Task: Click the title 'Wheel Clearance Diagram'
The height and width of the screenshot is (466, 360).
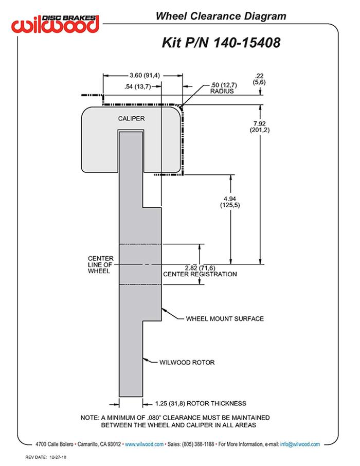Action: tap(221, 16)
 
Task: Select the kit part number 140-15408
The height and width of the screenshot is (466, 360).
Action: tap(221, 42)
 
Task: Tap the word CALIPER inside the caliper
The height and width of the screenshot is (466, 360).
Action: tap(131, 118)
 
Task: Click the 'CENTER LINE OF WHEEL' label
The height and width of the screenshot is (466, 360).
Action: tap(99, 264)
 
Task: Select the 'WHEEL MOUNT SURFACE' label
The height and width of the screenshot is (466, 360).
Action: tap(225, 318)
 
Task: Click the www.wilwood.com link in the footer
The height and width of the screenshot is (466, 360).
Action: tap(144, 444)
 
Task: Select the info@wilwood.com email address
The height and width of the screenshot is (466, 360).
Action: tap(300, 444)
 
